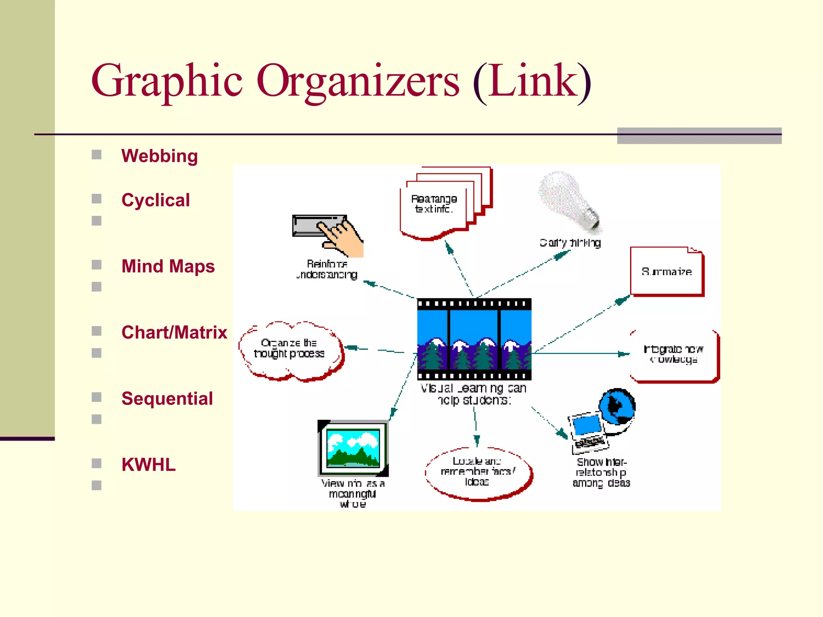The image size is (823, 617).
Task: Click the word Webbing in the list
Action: coord(160,156)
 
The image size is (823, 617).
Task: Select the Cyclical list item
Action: coord(156,200)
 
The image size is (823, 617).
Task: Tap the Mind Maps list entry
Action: coord(168,266)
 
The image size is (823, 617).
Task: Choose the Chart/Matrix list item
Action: coord(174,333)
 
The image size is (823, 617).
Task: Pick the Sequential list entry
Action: coord(167,399)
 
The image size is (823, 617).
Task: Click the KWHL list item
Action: coord(148,465)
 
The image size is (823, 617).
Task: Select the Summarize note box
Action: coord(666,272)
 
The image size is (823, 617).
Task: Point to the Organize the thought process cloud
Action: coord(290,349)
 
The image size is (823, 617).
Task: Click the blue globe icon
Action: coord(617,407)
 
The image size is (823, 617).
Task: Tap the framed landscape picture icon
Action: coord(353,448)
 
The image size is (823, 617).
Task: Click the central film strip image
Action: coord(474,339)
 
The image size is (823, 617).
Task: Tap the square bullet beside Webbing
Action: coord(96,155)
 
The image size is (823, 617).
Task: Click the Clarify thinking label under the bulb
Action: coord(570,243)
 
